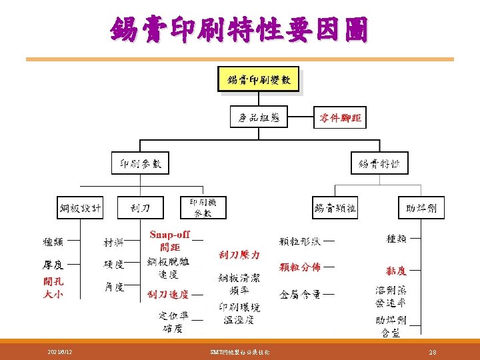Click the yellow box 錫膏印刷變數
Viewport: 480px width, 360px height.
pyautogui.click(x=259, y=80)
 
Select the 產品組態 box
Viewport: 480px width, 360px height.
pyautogui.click(x=259, y=118)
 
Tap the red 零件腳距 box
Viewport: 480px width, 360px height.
pyautogui.click(x=340, y=118)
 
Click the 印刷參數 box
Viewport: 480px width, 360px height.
pyautogui.click(x=140, y=163)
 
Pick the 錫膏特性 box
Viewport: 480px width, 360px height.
pyautogui.click(x=379, y=163)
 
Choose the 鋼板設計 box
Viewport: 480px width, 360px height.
pyautogui.click(x=81, y=208)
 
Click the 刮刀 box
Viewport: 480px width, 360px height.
pyautogui.click(x=140, y=208)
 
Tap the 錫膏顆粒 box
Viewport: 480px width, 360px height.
pyautogui.click(x=335, y=208)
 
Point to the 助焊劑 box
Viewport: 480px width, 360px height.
pyautogui.click(x=421, y=208)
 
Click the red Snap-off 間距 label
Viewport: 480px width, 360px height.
pyautogui.click(x=170, y=241)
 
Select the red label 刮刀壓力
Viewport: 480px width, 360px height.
pyautogui.click(x=239, y=255)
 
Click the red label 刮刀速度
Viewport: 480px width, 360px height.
pyautogui.click(x=168, y=294)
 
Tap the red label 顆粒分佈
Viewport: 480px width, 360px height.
pyautogui.click(x=300, y=267)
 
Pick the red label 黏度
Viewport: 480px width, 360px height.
pyautogui.click(x=397, y=271)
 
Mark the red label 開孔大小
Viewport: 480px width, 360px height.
pyautogui.click(x=53, y=287)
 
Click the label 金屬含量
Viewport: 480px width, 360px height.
pyautogui.click(x=300, y=293)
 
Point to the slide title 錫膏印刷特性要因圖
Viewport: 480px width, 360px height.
pyautogui.click(x=239, y=30)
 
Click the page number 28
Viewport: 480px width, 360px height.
pyautogui.click(x=433, y=351)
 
